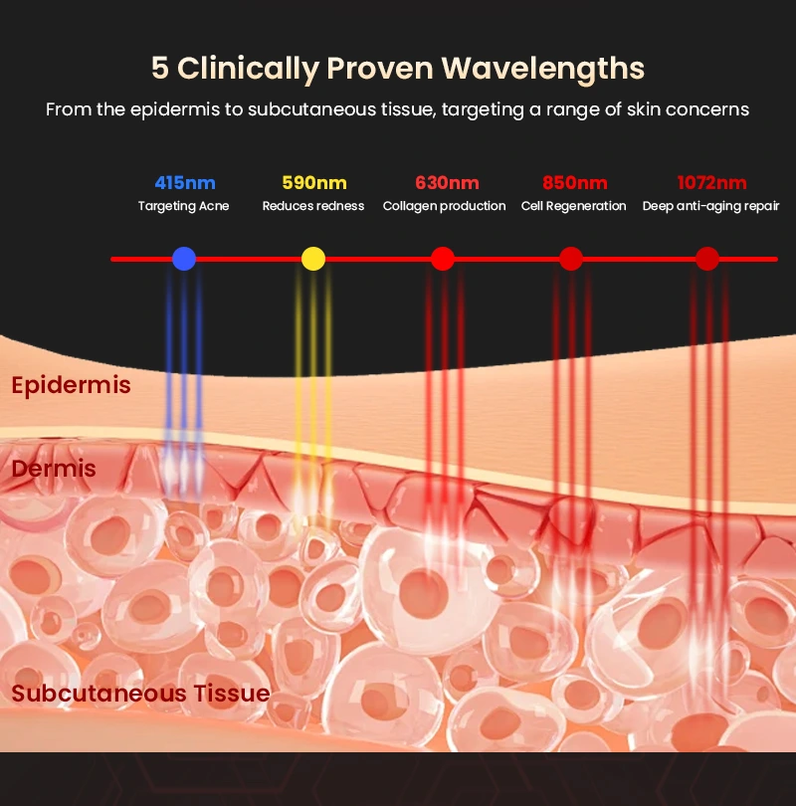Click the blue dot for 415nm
click(x=184, y=259)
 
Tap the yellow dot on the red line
click(x=313, y=259)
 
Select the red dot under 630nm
click(x=443, y=259)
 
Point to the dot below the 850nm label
click(x=571, y=259)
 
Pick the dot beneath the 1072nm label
click(x=707, y=259)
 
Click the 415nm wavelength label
click(x=184, y=183)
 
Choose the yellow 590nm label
click(x=313, y=183)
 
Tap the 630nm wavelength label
click(x=445, y=183)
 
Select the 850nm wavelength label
click(x=574, y=183)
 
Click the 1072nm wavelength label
click(x=711, y=183)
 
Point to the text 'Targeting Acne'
click(x=184, y=206)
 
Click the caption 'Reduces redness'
click(x=313, y=206)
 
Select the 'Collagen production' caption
click(x=445, y=206)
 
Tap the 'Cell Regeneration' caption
click(x=574, y=206)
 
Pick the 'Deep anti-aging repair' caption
click(x=711, y=206)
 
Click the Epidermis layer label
click(x=71, y=385)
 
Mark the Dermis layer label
click(x=54, y=469)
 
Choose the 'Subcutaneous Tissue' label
click(x=140, y=694)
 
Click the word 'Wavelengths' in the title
click(x=543, y=69)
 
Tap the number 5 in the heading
click(x=159, y=69)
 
